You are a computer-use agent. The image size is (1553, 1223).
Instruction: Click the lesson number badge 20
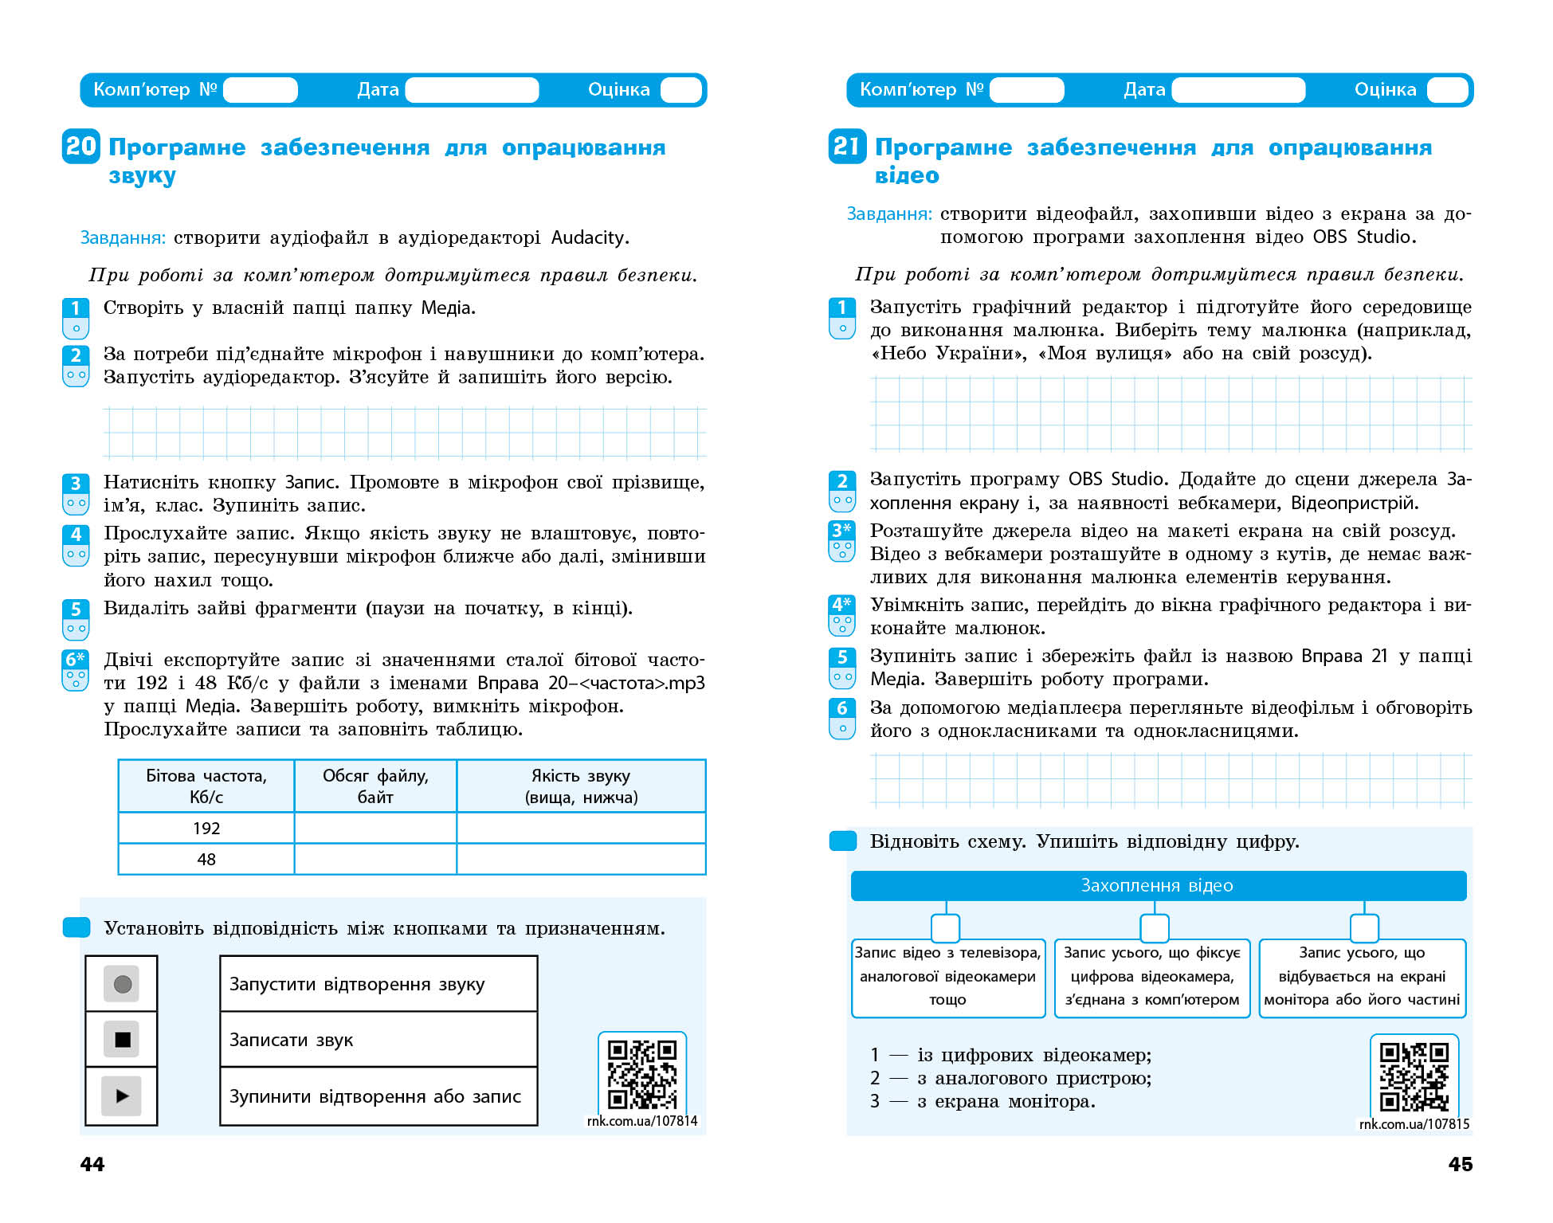[x=80, y=147]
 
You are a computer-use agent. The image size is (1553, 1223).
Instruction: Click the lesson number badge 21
[x=846, y=147]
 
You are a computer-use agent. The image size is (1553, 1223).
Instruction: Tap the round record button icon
[x=122, y=984]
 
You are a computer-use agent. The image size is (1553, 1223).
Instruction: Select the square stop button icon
[x=122, y=1039]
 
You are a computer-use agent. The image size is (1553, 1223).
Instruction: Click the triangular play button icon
[x=122, y=1096]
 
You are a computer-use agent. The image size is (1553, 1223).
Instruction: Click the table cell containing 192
[x=206, y=828]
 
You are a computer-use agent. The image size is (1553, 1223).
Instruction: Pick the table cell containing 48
[x=206, y=859]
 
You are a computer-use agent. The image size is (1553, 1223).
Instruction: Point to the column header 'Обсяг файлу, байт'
[x=375, y=786]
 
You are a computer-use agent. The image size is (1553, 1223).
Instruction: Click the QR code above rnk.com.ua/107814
[x=641, y=1073]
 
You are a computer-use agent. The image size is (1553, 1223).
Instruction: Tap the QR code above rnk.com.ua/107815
[x=1414, y=1076]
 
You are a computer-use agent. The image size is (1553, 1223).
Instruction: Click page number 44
[x=92, y=1164]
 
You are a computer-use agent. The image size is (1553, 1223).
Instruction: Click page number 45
[x=1460, y=1164]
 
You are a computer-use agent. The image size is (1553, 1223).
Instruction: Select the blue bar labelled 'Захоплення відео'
[x=1158, y=885]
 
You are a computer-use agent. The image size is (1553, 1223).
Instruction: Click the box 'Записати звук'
[x=378, y=1040]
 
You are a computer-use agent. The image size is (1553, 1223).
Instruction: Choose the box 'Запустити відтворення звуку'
[x=378, y=984]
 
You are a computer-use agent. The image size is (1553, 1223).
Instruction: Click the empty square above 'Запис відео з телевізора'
[x=945, y=928]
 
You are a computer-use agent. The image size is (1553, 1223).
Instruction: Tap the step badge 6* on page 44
[x=76, y=669]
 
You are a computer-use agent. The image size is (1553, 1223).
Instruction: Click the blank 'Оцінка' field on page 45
[x=1447, y=90]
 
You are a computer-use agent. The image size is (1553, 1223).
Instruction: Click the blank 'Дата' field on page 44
[x=472, y=90]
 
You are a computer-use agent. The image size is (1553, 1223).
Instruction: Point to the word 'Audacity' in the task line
[x=587, y=237]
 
